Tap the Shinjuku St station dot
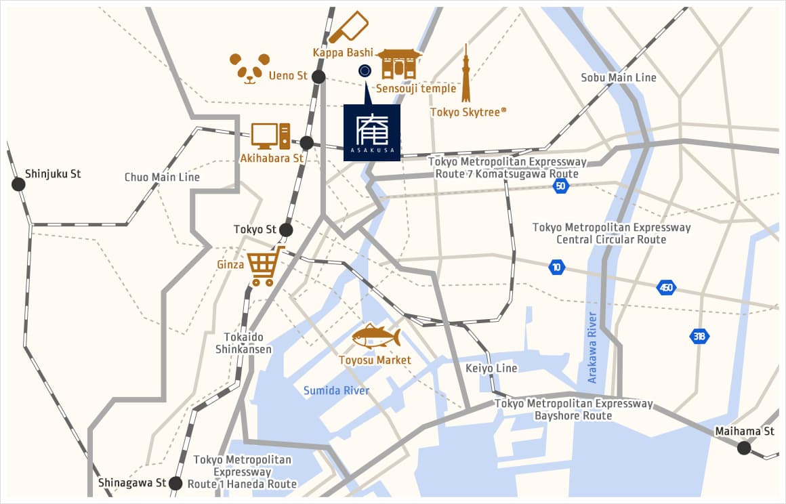(x=17, y=184)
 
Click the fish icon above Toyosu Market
(x=376, y=336)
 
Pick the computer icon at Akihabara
(x=270, y=136)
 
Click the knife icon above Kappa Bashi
(x=348, y=28)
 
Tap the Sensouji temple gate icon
(x=399, y=64)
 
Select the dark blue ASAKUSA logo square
(x=371, y=133)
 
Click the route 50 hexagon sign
(x=560, y=186)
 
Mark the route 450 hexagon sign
(x=666, y=287)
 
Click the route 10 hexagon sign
(x=557, y=267)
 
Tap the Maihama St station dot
(x=744, y=447)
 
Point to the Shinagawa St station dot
(x=175, y=483)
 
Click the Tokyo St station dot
(x=286, y=230)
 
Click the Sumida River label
(x=336, y=390)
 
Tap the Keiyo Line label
(x=491, y=368)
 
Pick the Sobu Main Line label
(x=619, y=77)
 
